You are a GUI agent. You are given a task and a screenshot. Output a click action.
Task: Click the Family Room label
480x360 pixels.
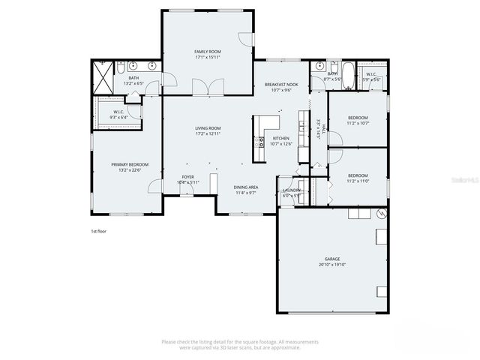point(208,52)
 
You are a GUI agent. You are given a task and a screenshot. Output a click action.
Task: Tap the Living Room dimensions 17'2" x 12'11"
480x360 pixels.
point(208,133)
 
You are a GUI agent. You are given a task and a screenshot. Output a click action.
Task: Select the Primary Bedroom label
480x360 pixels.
point(130,164)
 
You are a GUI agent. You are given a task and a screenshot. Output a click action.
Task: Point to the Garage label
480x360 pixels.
point(331,259)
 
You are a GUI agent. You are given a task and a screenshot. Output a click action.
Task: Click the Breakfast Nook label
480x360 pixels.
point(281,85)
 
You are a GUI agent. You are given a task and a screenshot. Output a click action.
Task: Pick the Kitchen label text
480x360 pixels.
point(281,138)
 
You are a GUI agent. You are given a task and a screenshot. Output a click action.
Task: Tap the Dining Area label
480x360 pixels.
point(246,187)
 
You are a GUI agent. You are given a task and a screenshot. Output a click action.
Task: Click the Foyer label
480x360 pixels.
point(187,177)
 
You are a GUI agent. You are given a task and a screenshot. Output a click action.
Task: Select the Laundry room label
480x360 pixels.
point(292,190)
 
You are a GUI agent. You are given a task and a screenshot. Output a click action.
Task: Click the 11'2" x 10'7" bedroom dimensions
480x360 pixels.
point(358,123)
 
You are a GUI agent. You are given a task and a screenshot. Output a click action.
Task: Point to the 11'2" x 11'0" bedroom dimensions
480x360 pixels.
point(358,181)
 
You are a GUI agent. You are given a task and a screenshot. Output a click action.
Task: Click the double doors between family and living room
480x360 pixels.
point(201,89)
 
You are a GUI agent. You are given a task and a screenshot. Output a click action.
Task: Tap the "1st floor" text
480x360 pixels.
point(97,231)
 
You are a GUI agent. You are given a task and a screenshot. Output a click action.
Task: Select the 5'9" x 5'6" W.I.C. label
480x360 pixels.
point(372,76)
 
